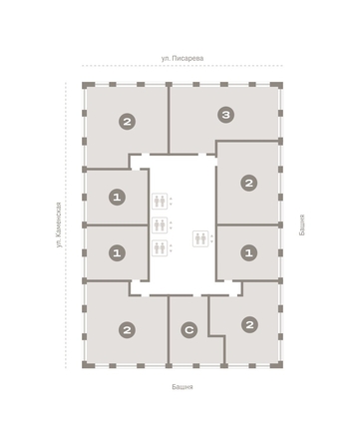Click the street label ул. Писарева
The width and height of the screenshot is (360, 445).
182,59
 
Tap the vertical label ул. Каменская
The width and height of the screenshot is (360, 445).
59,224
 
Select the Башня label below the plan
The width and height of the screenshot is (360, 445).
182,387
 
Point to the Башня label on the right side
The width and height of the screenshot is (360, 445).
301,224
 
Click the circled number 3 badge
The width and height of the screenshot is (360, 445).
226,115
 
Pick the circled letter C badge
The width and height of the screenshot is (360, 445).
189,330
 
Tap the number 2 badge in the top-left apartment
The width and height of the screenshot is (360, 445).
127,122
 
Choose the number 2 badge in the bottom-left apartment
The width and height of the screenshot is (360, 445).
127,330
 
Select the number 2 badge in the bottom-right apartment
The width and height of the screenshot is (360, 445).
249,324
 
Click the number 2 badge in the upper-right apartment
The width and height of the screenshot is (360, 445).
249,183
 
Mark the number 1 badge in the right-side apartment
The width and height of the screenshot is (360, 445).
249,253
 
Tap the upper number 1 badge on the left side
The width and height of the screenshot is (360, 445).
117,198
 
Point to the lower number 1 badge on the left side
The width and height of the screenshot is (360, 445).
117,253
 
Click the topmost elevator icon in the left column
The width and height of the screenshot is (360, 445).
160,202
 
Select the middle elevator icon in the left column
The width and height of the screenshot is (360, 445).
160,224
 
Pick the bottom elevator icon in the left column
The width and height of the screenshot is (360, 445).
160,247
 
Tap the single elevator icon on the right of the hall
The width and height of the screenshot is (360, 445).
200,238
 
